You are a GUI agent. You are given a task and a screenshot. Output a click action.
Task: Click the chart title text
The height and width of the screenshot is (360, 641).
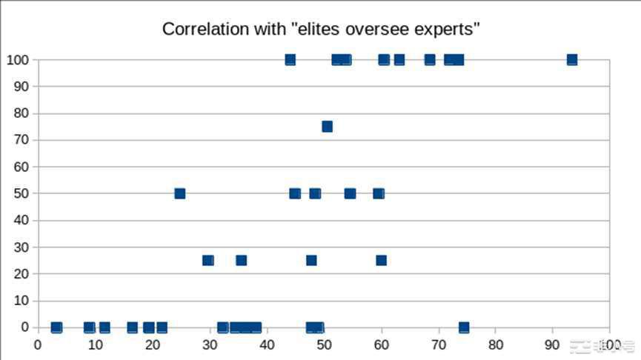pyautogui.click(x=321, y=30)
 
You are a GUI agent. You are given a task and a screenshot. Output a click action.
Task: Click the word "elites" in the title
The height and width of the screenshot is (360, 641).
pyautogui.click(x=316, y=30)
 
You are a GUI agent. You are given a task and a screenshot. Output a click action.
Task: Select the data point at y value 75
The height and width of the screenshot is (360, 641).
pyautogui.click(x=327, y=127)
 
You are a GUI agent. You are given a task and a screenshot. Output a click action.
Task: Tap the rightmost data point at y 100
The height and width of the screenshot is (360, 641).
pyautogui.click(x=571, y=59)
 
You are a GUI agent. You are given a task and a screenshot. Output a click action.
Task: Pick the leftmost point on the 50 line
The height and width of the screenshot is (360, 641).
pyautogui.click(x=179, y=193)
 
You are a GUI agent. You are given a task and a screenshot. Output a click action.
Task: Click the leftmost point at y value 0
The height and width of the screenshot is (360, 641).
pyautogui.click(x=56, y=327)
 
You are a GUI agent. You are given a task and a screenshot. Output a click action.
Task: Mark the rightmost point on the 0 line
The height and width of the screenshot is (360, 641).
pyautogui.click(x=464, y=327)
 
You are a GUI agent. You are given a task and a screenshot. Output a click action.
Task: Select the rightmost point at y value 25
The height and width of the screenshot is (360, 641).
pyautogui.click(x=381, y=260)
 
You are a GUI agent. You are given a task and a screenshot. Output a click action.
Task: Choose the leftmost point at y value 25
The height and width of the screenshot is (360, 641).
pyautogui.click(x=208, y=260)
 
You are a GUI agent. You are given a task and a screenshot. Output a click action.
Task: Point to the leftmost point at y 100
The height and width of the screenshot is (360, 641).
pyautogui.click(x=290, y=59)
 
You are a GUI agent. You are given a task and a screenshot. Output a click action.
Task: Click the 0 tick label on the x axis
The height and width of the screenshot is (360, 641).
pyautogui.click(x=39, y=344)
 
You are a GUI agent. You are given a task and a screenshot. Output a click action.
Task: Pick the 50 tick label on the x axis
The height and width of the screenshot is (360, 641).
pyautogui.click(x=324, y=344)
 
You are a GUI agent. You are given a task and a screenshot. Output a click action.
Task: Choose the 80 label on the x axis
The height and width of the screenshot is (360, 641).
pyautogui.click(x=496, y=344)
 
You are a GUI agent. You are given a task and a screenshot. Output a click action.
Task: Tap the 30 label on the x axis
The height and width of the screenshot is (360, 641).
pyautogui.click(x=210, y=344)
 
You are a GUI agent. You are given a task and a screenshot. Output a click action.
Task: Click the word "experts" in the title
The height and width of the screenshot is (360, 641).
pyautogui.click(x=445, y=30)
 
